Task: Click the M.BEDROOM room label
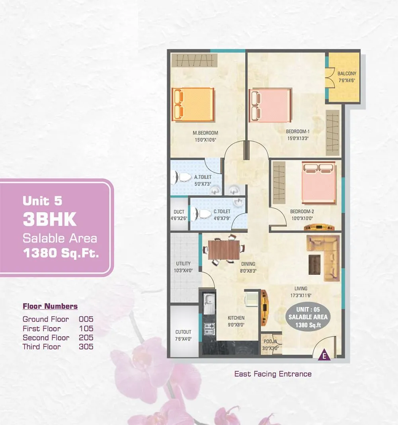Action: click(x=205, y=133)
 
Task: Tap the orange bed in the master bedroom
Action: click(x=193, y=104)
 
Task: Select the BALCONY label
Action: click(x=347, y=74)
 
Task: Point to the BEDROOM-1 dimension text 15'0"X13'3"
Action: click(x=298, y=138)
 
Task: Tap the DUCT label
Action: click(x=179, y=212)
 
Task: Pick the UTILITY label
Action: click(x=183, y=263)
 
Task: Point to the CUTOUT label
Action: click(x=183, y=332)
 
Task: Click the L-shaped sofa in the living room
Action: click(x=323, y=257)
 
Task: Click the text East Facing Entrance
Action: click(x=273, y=374)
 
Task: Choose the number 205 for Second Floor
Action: click(x=86, y=337)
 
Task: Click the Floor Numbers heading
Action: click(x=50, y=306)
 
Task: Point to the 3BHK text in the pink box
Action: click(x=49, y=219)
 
